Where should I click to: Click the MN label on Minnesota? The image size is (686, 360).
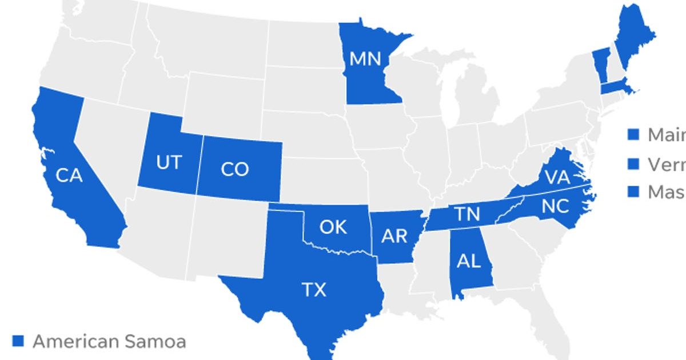click(365, 59)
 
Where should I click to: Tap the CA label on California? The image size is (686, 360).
click(69, 175)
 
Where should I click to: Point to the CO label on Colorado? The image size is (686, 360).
click(234, 170)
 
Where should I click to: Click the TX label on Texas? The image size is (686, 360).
click(314, 290)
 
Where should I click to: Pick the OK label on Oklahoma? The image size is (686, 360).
click(333, 227)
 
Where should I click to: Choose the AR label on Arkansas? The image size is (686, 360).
click(394, 235)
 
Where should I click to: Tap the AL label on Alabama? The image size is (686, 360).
click(468, 261)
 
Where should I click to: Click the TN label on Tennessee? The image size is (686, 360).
click(467, 215)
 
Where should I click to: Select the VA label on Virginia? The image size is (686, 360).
click(557, 178)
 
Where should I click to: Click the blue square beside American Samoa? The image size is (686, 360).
click(18, 341)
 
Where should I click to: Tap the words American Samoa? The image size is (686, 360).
click(109, 341)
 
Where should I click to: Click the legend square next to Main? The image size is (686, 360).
click(633, 135)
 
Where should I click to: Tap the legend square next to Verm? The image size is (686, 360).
click(633, 164)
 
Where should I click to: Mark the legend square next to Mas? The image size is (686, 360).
click(633, 192)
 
